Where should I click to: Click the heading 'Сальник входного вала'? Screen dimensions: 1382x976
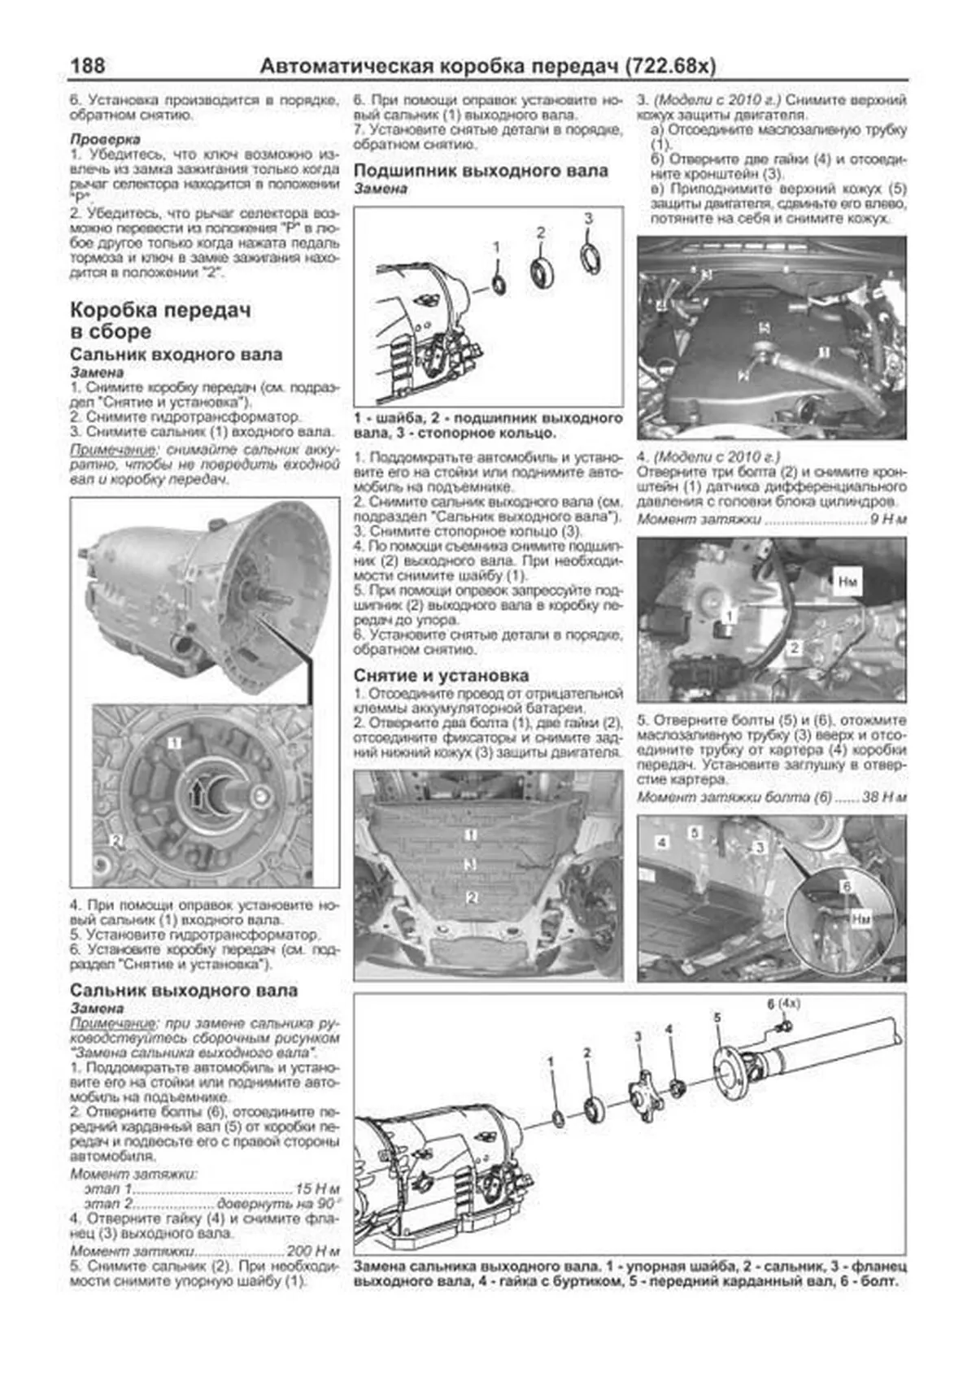click(x=176, y=355)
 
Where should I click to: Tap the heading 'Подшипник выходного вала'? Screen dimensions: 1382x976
click(x=481, y=171)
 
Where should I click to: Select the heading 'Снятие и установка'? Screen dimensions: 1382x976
click(x=441, y=675)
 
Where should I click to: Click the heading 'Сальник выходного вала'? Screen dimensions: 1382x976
click(x=184, y=990)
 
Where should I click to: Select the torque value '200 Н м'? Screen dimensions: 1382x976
click(x=312, y=1251)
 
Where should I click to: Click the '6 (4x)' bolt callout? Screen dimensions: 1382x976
click(x=783, y=1004)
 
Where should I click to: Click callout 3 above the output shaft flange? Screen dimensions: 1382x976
click(x=638, y=1036)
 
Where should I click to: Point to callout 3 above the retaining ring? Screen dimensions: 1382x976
click(x=589, y=218)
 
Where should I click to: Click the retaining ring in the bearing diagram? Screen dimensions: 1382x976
click(x=591, y=255)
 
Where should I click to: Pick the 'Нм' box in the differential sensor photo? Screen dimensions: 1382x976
click(x=847, y=582)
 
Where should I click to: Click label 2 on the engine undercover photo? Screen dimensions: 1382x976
click(x=470, y=897)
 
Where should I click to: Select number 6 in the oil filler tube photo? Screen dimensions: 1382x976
click(x=846, y=887)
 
